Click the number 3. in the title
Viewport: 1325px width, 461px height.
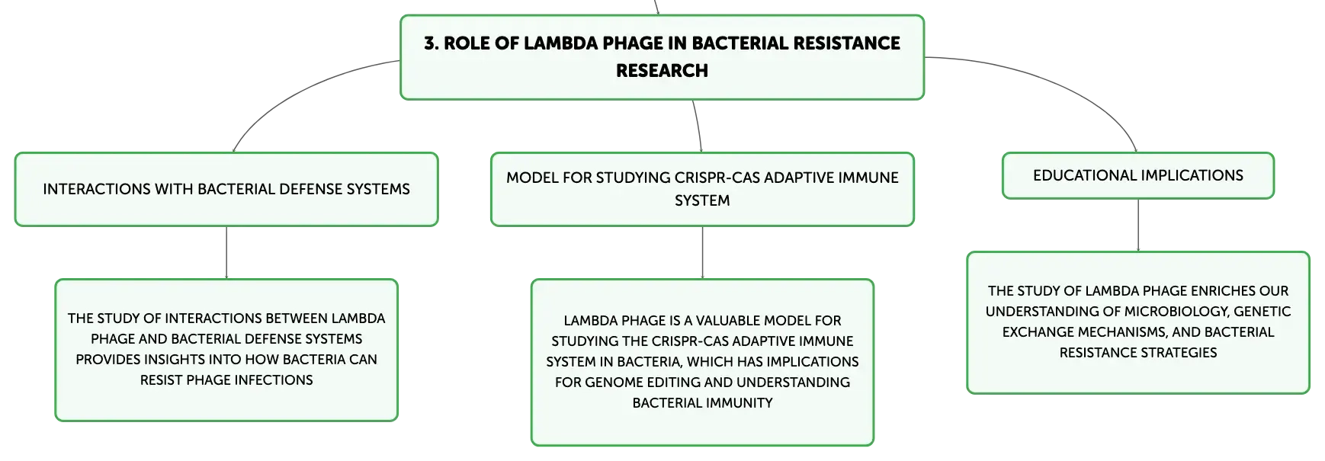pyautogui.click(x=432, y=43)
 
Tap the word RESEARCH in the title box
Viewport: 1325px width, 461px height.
pyautogui.click(x=662, y=71)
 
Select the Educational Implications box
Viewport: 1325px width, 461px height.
pyautogui.click(x=1138, y=176)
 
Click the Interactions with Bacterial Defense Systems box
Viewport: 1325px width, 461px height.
pyautogui.click(x=226, y=189)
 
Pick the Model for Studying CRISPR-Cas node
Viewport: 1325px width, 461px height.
pyautogui.click(x=702, y=189)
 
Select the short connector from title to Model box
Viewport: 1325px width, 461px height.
pyautogui.click(x=698, y=126)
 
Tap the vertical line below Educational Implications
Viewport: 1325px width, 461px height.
pyautogui.click(x=1138, y=226)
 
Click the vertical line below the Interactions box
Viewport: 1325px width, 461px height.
pyautogui.click(x=226, y=252)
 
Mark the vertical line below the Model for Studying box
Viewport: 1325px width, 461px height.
pyautogui.click(x=702, y=252)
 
